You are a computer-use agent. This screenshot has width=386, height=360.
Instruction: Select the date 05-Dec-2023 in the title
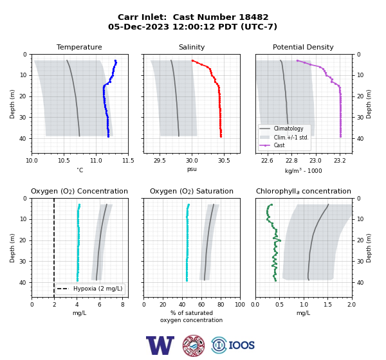pos(138,26)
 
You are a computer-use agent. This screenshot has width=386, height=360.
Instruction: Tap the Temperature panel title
pos(79,47)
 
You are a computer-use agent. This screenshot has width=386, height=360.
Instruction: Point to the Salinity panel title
pos(192,47)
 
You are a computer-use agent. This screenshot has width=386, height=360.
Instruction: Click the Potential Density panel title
pos(303,47)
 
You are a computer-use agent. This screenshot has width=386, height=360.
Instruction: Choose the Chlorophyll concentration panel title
pos(304,191)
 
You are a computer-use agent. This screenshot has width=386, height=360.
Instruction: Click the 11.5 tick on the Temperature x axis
pos(128,161)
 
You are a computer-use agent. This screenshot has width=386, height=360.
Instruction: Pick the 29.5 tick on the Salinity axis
pos(160,161)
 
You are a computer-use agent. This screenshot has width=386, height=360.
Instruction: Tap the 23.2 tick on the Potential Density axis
pos(340,161)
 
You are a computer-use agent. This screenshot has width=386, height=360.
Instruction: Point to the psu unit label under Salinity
pos(192,169)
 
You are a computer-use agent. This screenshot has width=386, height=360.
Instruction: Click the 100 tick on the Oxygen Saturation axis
pos(240,305)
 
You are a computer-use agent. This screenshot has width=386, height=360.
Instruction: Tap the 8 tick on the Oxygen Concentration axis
pos(123,305)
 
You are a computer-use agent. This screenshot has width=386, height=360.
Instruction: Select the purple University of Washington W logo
pos(160,345)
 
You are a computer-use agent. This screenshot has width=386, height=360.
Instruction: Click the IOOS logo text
pos(241,345)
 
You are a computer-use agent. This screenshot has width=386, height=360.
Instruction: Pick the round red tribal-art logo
pos(194,345)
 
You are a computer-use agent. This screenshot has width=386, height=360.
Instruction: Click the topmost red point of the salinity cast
pos(192,60)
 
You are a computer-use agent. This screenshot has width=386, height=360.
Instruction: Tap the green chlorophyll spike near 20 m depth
pos(279,240)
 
